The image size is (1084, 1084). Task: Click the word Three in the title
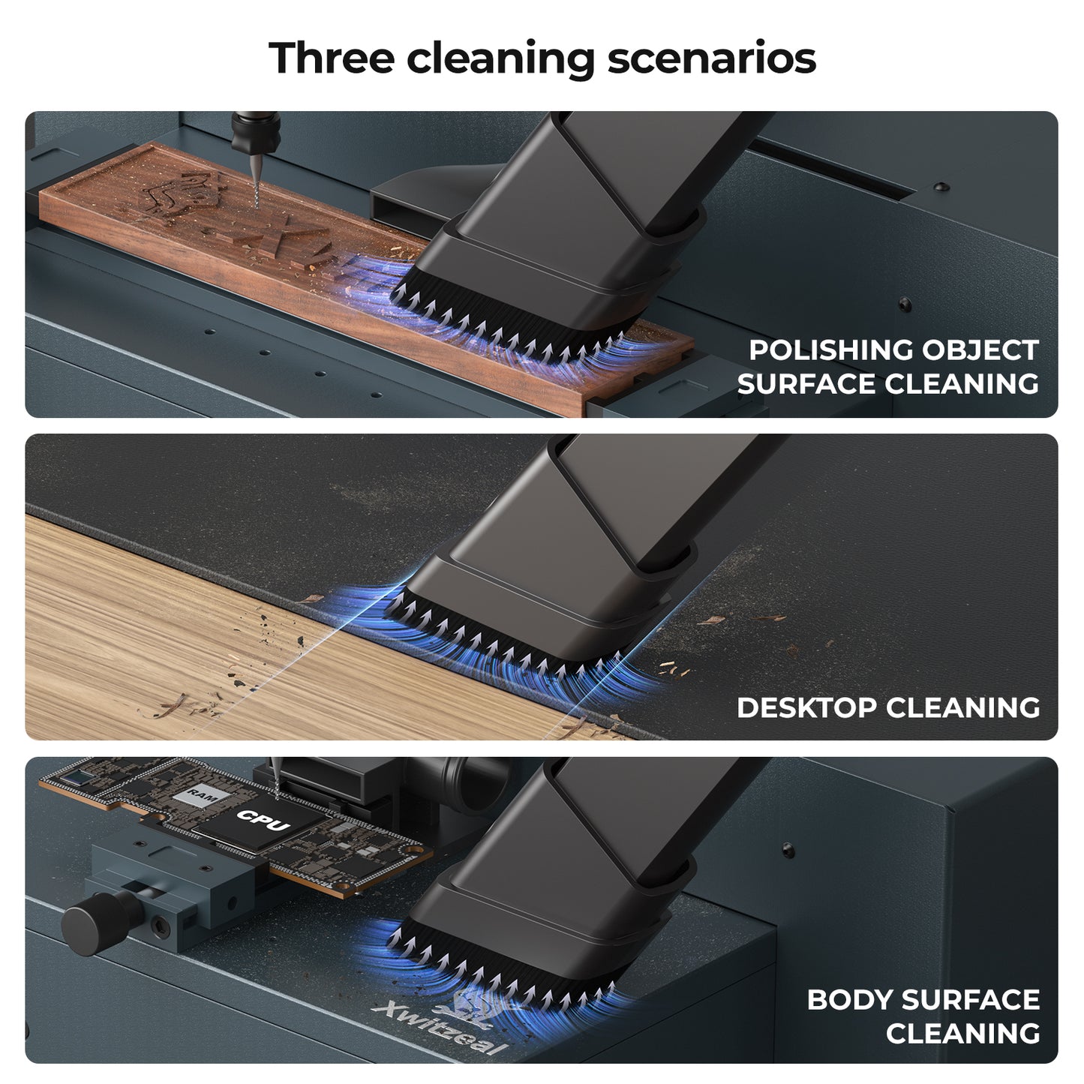coord(332,57)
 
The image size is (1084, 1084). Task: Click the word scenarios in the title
coord(712,58)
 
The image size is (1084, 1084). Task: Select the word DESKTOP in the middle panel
coord(805,707)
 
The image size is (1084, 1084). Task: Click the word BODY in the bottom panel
coord(848,1000)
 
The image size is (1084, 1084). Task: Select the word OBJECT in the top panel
coord(980,350)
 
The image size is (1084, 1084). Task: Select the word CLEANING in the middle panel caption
coord(963,707)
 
